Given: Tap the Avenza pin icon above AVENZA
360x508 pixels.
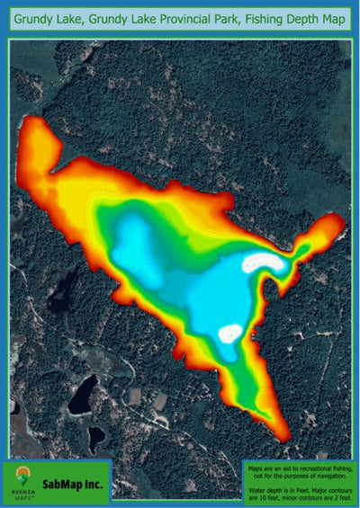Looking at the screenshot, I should [22, 474].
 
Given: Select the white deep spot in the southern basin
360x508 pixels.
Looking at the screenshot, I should [229, 333].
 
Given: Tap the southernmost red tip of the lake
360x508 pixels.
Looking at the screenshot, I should [280, 435].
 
